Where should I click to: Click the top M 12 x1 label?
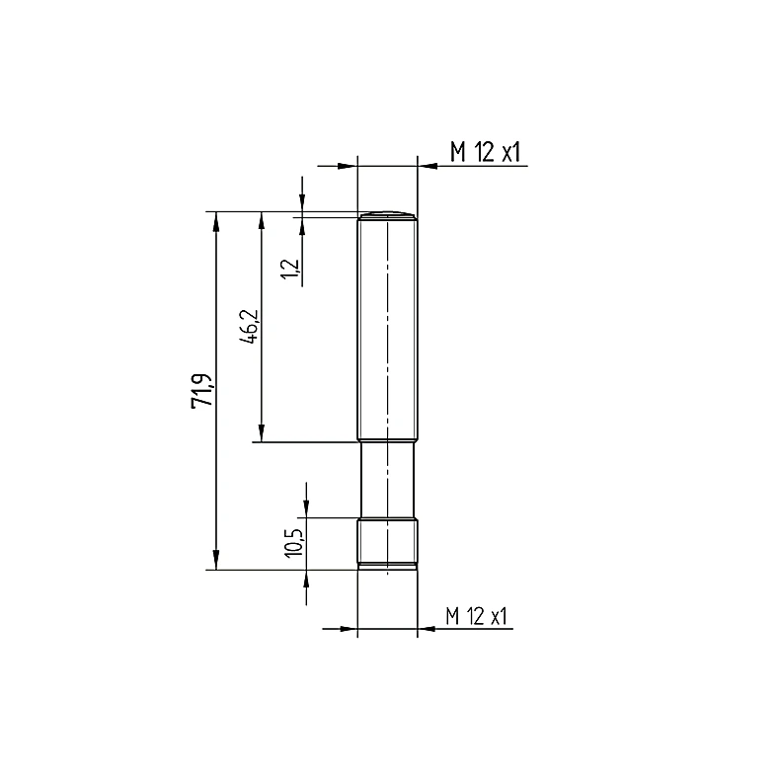(485, 152)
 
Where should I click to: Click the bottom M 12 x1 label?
(476, 616)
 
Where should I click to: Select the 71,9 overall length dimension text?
(202, 391)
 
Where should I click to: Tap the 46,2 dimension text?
(249, 327)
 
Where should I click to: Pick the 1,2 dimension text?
(290, 270)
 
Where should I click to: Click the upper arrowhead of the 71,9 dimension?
(215, 221)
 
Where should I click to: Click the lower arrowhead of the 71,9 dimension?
(215, 560)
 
